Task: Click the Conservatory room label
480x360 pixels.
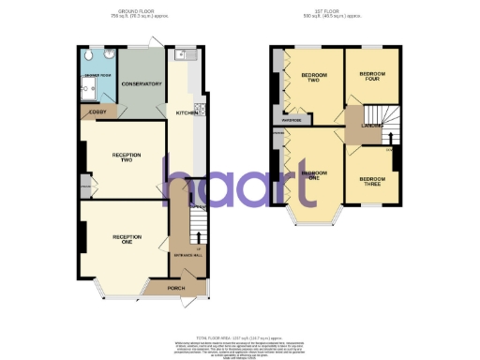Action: click(142, 83)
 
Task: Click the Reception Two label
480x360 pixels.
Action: click(126, 157)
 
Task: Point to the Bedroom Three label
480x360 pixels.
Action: click(371, 180)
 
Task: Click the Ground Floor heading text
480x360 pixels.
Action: click(132, 14)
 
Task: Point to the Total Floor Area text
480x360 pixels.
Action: click(240, 335)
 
